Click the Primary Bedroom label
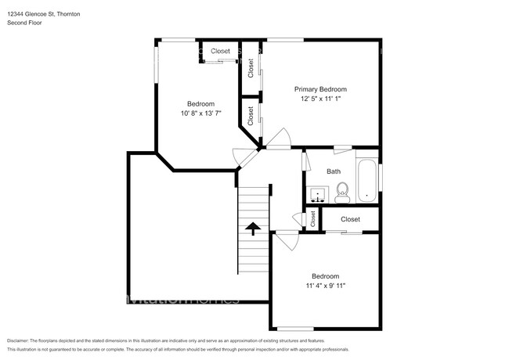coord(320,89)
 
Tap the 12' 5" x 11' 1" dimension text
coord(320,99)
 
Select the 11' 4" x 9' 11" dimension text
coord(325,286)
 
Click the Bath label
coord(334,171)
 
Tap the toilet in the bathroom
coord(341,190)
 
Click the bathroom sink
coord(316,193)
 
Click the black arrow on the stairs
coord(253,229)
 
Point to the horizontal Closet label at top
coord(220,51)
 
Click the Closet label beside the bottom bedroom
coord(350,220)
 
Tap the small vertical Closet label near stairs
coord(312,220)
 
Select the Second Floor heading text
coord(26,23)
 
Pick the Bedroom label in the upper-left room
coord(200,104)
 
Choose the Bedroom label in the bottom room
coord(325,276)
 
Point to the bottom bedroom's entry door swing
coord(284,239)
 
